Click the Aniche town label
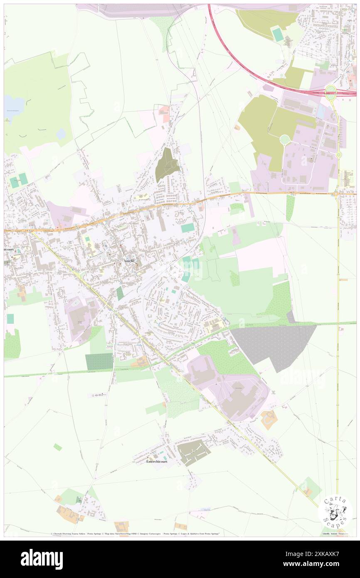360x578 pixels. click(x=128, y=261)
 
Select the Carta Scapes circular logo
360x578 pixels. click(x=335, y=511)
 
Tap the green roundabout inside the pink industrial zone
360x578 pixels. click(x=285, y=140)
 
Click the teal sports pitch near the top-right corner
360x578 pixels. click(x=277, y=35)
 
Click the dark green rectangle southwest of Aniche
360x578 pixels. click(x=99, y=361)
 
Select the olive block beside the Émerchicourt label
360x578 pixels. click(x=193, y=452)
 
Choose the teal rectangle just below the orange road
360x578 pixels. click(x=187, y=228)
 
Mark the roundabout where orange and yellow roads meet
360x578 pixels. click(x=335, y=193)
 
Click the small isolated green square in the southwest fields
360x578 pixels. click(x=58, y=447)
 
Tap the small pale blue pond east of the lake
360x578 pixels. click(x=61, y=133)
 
